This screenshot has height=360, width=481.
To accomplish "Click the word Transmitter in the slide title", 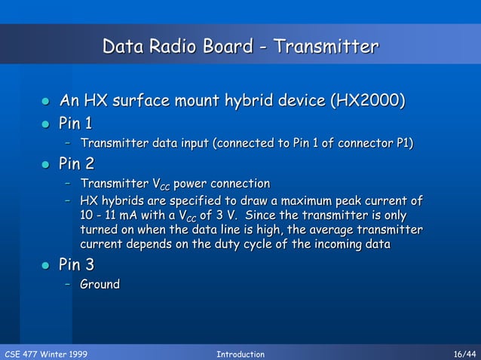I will [325, 47].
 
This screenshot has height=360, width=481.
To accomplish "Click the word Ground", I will [100, 285].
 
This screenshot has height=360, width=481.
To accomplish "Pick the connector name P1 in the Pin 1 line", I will [405, 143].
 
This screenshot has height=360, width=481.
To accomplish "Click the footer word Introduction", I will [240, 353].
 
